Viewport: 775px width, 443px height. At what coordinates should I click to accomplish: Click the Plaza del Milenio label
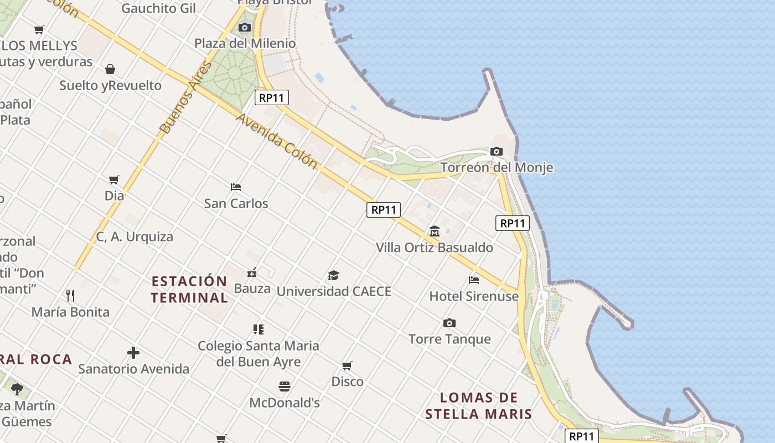point(245,43)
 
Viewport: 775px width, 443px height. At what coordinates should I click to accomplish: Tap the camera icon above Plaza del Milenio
point(244,27)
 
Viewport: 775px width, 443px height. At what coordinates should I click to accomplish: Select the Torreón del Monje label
point(497,167)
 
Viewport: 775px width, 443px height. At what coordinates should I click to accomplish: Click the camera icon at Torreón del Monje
point(497,151)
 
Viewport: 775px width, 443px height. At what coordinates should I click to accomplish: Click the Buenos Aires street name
point(186,97)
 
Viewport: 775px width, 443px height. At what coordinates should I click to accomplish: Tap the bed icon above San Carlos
point(236,187)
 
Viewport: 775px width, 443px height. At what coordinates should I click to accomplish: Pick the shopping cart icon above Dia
point(114,179)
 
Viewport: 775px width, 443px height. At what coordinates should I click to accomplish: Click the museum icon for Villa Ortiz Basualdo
point(435,231)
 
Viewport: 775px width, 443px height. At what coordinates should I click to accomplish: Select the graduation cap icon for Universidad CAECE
point(333,275)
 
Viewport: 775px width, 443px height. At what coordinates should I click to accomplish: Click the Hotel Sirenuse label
point(474,296)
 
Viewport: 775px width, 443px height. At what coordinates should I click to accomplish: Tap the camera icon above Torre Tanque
point(449,323)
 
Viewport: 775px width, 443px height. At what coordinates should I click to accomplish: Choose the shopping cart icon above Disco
point(347,365)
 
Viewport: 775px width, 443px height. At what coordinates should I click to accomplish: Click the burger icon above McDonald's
point(285,387)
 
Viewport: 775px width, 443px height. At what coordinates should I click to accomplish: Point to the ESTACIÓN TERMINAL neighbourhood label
point(189,289)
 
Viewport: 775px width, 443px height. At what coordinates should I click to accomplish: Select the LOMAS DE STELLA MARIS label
point(479,405)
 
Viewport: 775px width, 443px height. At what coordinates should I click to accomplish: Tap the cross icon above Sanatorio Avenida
point(133,353)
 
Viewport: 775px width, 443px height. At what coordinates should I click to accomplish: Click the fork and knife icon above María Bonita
point(70,296)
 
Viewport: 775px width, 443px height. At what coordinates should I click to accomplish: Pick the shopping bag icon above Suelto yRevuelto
point(110,69)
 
